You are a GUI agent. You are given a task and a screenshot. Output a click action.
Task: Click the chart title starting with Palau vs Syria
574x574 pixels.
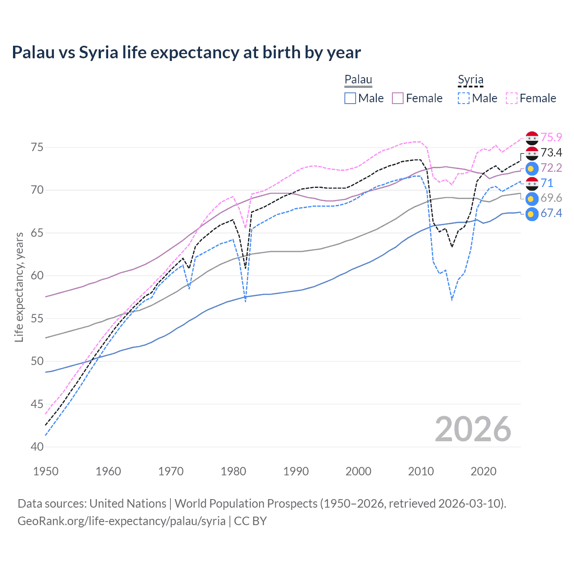[x=186, y=52]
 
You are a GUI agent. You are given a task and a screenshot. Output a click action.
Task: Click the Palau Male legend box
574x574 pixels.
[x=350, y=98]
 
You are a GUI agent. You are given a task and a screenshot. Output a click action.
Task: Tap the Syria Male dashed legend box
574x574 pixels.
[x=464, y=98]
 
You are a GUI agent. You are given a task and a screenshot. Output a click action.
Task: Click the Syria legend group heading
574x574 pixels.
[x=470, y=80]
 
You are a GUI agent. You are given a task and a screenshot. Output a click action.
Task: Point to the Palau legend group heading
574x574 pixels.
[x=358, y=80]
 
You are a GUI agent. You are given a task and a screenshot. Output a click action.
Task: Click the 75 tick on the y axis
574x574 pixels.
[x=37, y=148]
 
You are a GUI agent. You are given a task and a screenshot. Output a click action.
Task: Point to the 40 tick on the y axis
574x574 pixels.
[x=37, y=447]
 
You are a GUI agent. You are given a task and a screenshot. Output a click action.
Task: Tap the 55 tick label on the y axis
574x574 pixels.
[x=37, y=319]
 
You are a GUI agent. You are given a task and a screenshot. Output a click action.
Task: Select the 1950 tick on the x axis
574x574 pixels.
[x=46, y=471]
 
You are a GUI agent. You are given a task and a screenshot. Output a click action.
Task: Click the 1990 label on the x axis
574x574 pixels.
[x=296, y=471]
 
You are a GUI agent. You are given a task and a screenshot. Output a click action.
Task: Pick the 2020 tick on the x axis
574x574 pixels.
[x=483, y=471]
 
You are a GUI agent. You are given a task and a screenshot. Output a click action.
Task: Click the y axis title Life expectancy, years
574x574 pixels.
[x=19, y=287]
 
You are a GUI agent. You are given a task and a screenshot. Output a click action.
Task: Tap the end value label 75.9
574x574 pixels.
[x=551, y=137]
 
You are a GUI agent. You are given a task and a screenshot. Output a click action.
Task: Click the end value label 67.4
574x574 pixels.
[x=551, y=213]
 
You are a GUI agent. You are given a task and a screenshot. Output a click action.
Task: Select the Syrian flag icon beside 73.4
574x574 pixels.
[x=532, y=153]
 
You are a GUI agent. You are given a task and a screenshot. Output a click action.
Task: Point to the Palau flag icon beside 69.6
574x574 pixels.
[x=532, y=198]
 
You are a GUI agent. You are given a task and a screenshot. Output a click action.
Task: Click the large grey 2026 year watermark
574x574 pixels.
[x=473, y=429]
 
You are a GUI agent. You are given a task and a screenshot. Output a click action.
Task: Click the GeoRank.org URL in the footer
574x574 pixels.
[x=122, y=521]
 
